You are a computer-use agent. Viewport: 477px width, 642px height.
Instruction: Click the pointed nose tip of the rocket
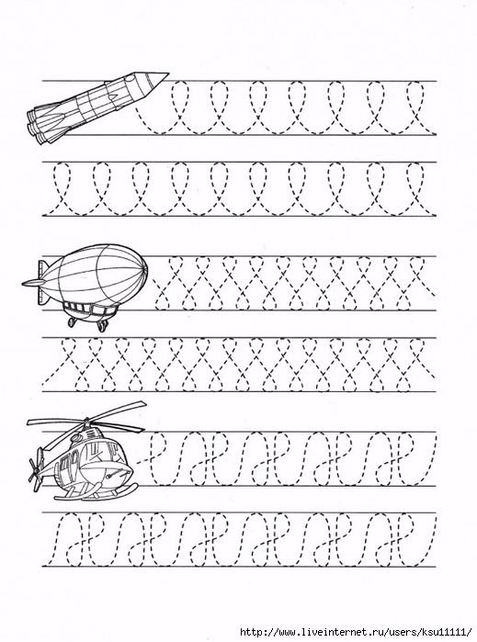point(168,74)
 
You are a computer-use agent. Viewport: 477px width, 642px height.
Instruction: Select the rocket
point(97,108)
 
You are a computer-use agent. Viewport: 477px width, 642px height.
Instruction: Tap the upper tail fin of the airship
point(41,266)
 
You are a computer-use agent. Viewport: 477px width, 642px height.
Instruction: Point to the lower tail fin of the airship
point(42,297)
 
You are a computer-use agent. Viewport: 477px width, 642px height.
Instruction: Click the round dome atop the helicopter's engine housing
point(76,437)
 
